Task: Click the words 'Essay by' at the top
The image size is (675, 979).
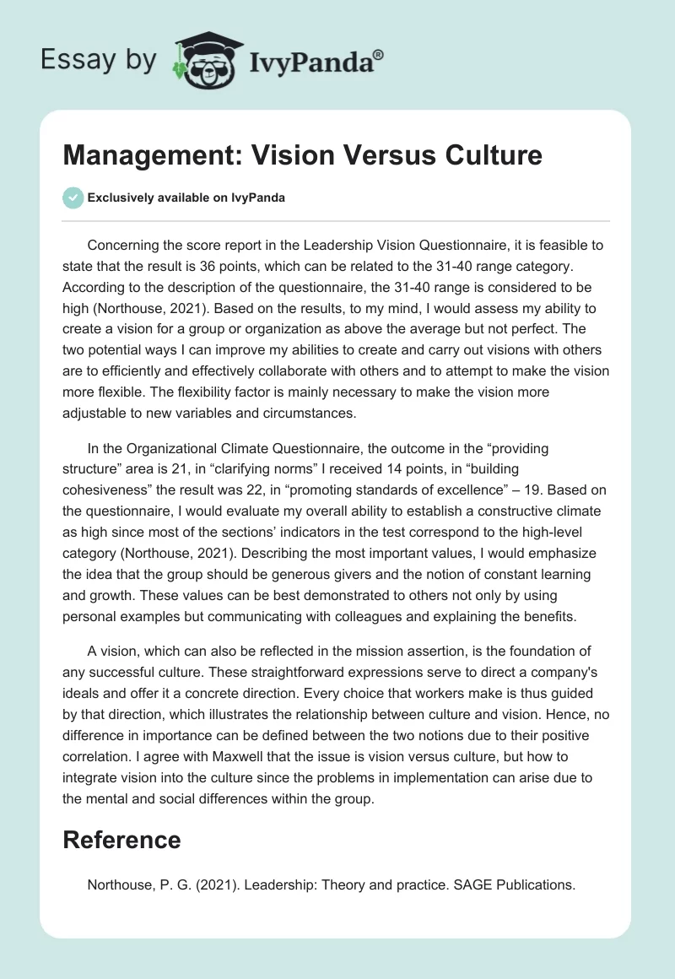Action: pyautogui.click(x=99, y=59)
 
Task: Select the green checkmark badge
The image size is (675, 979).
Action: pyautogui.click(x=73, y=197)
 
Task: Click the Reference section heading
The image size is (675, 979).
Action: pyautogui.click(x=121, y=839)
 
